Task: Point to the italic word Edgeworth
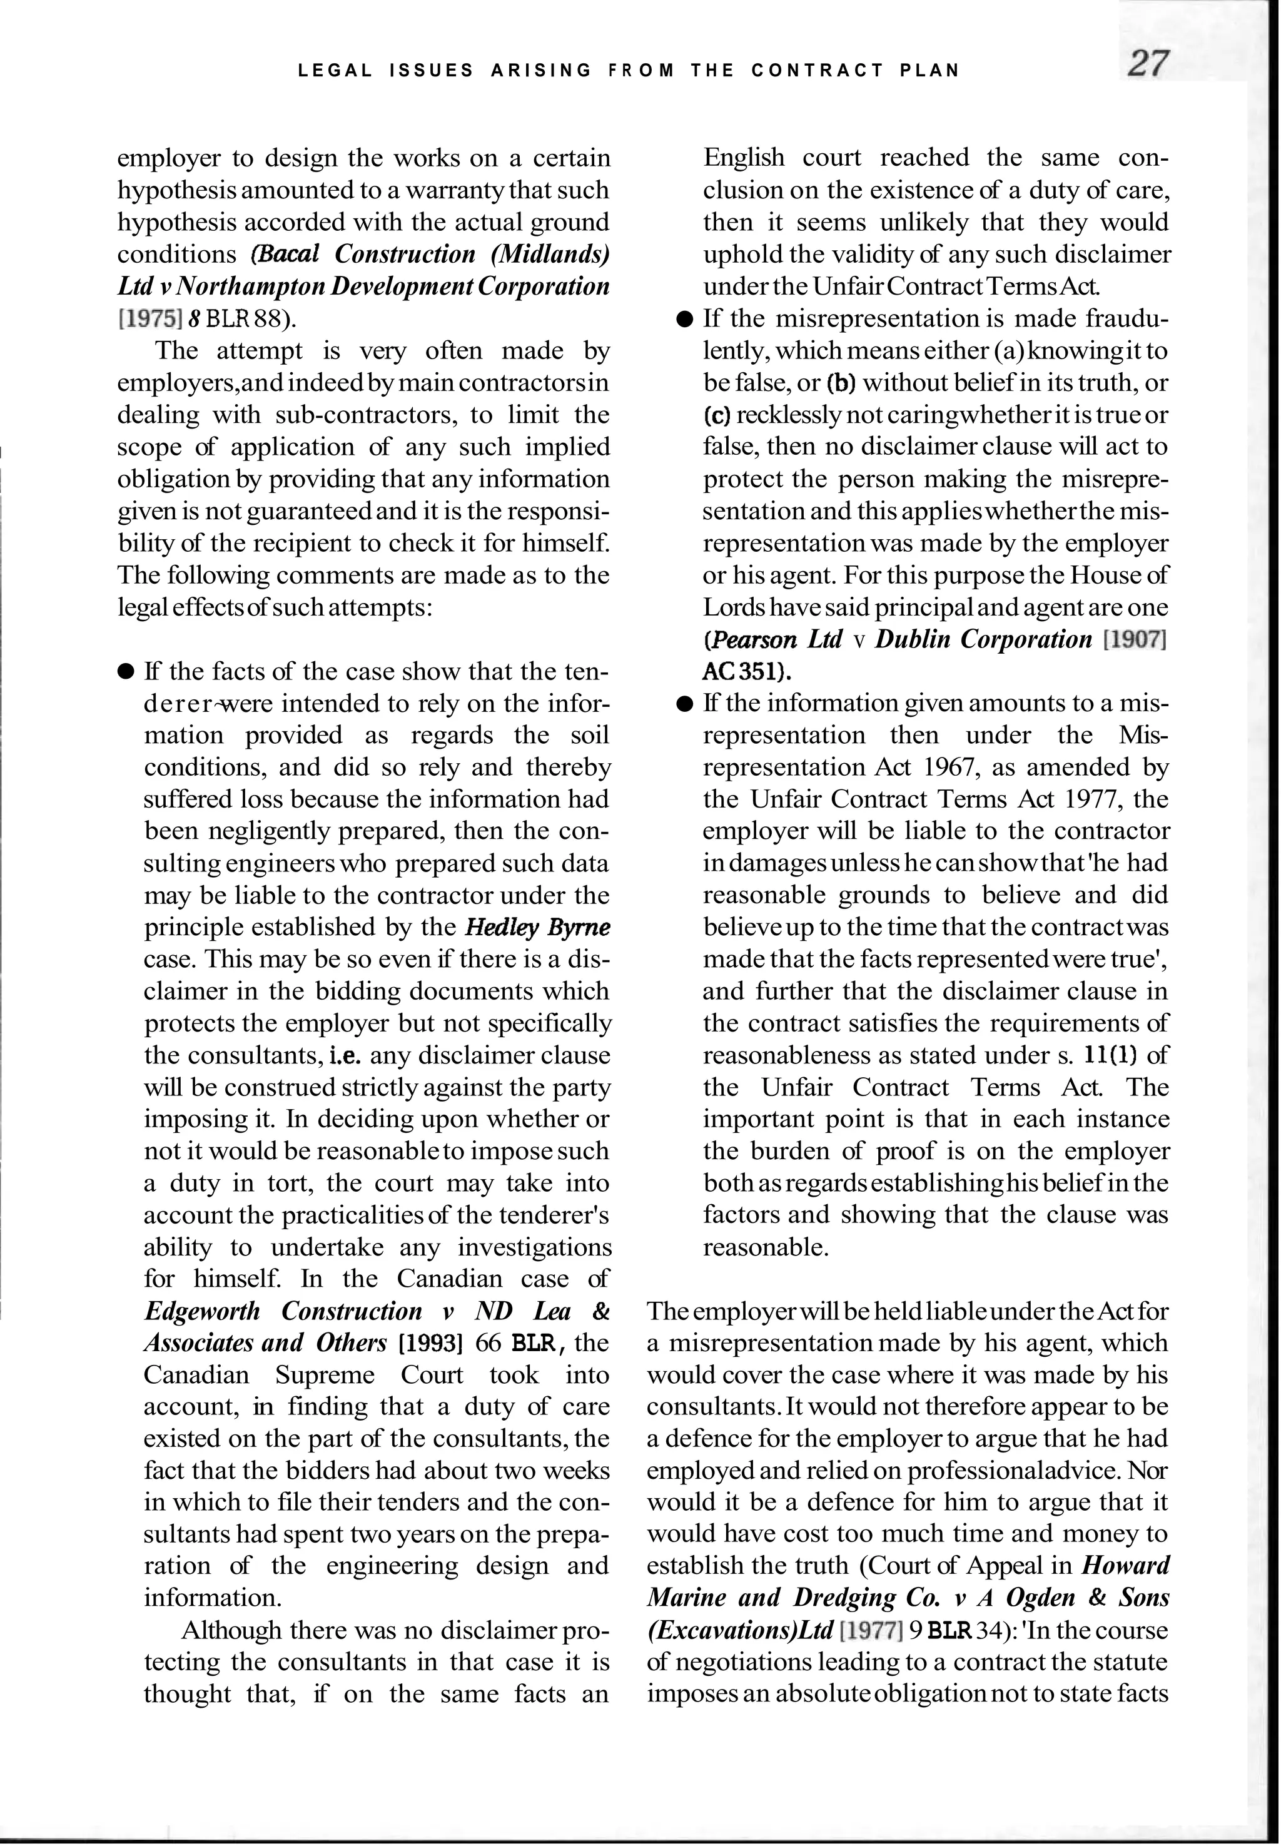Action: point(202,1311)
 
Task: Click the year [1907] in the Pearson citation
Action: point(1134,640)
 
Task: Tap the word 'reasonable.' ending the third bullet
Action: point(766,1247)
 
